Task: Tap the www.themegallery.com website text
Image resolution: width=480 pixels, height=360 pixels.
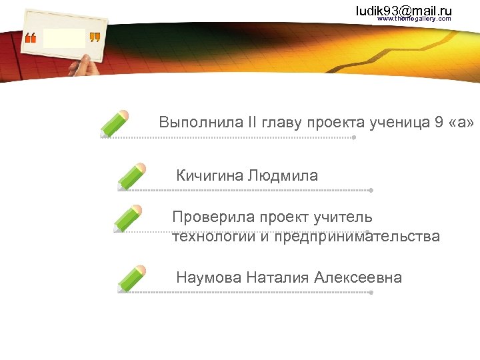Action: click(414, 19)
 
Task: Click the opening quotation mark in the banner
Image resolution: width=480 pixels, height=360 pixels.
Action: click(31, 39)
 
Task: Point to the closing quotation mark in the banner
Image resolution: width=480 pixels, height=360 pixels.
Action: click(95, 38)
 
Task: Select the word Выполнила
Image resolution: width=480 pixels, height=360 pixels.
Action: click(192, 123)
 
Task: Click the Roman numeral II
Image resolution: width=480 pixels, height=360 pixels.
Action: click(234, 123)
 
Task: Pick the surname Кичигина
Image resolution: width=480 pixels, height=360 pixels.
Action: click(209, 176)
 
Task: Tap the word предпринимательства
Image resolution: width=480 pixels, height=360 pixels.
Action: click(357, 237)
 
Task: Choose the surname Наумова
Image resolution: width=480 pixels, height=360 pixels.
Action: click(209, 278)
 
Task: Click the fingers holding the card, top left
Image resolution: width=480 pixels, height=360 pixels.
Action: click(79, 65)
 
